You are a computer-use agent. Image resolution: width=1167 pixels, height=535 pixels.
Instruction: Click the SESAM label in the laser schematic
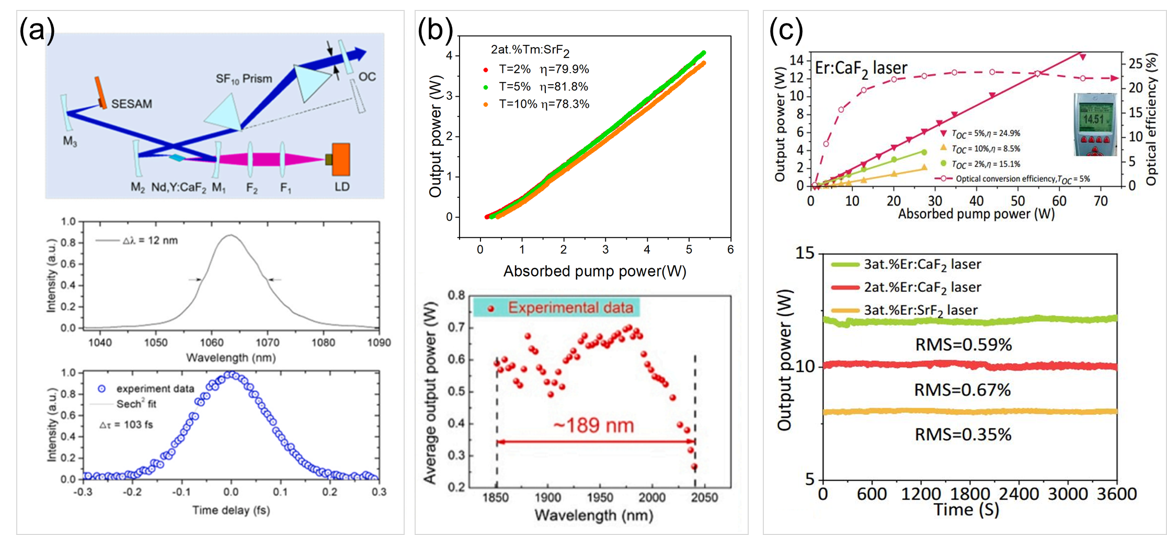pos(131,104)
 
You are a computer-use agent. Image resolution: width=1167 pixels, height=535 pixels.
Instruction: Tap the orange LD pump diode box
pos(340,159)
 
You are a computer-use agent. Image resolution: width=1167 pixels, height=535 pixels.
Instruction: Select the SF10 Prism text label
pos(244,79)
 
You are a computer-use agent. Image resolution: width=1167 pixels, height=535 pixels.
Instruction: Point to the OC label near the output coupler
pos(367,77)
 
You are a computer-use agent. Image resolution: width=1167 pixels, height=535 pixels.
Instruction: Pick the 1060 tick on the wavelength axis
pos(212,343)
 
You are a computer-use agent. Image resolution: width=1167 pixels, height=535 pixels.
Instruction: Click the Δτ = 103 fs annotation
pos(126,425)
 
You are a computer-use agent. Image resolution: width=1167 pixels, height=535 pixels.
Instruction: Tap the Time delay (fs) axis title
pos(231,510)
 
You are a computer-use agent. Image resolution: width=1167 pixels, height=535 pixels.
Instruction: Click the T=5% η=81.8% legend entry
pos(543,87)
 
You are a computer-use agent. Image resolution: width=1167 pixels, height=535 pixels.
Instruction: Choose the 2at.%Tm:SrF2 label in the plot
pos(530,50)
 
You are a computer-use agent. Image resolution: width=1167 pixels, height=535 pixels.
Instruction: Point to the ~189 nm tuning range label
pos(593,426)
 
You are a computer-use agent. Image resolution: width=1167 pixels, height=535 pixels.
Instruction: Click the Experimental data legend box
pos(556,308)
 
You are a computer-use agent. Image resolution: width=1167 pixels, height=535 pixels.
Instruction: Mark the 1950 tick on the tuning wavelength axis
pos(600,497)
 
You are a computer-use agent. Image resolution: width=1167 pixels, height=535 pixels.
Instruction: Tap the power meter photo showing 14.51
pos(1094,124)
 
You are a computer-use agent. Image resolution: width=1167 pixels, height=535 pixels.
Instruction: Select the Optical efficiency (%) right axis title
pos(1151,120)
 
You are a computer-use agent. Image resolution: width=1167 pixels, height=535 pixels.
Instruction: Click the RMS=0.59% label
pos(963,345)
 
